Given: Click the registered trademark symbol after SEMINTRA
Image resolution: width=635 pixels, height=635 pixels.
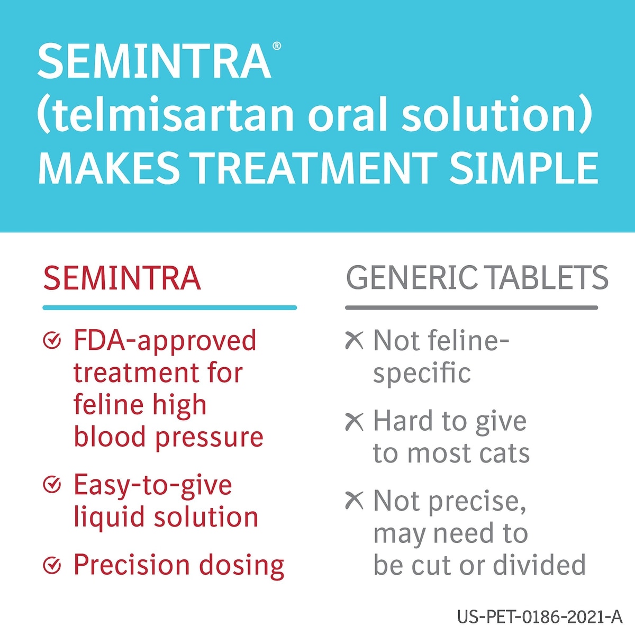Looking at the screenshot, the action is coord(277,46).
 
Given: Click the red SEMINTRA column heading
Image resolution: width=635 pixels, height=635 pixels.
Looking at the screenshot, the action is coord(122,278).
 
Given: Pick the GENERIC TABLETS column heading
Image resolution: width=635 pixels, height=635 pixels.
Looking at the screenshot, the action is coord(477,278).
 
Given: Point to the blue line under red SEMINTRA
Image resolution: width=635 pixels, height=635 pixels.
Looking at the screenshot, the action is coord(170,307).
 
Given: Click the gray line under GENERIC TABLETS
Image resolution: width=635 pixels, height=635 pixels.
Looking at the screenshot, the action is coord(471,307).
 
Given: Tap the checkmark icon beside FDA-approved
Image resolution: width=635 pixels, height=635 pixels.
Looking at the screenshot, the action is coord(52,340).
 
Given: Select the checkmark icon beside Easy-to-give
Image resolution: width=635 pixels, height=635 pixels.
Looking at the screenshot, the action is coord(52,485).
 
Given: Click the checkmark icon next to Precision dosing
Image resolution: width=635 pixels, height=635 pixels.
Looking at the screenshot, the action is coord(52,565).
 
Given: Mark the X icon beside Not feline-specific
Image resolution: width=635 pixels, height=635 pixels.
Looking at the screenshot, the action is coord(354,340).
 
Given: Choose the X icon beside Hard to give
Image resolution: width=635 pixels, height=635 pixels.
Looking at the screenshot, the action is coord(354,422).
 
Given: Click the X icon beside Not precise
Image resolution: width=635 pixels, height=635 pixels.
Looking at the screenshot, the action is coord(354,501).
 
